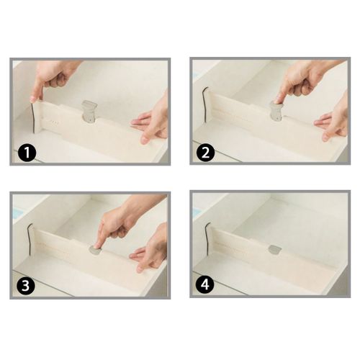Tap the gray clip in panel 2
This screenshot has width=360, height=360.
click(276, 110)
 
